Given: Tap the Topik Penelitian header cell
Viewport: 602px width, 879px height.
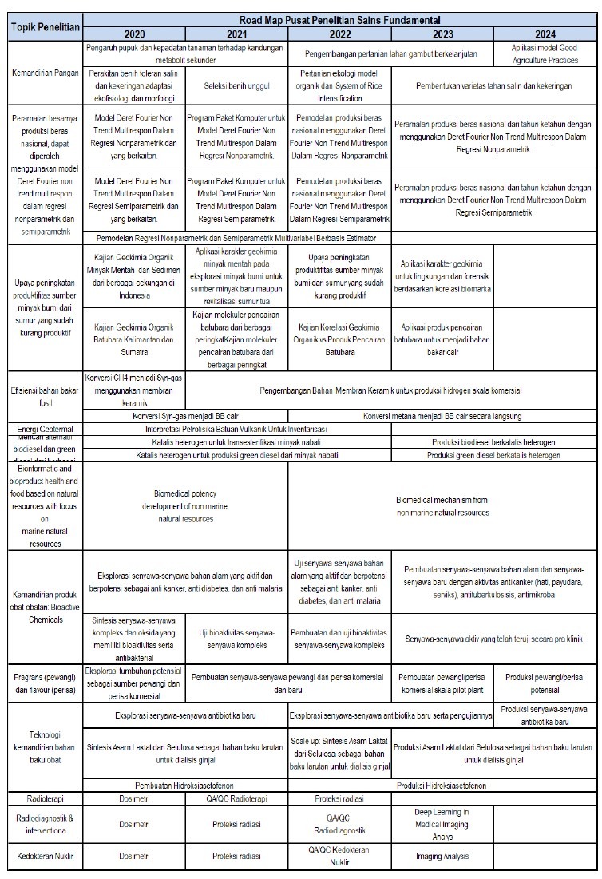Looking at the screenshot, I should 46,27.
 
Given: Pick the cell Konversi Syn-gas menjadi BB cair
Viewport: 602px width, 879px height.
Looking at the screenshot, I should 185,416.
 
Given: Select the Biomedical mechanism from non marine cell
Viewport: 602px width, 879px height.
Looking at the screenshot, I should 442,505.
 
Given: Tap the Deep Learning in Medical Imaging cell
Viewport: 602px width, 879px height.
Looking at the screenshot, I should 442,824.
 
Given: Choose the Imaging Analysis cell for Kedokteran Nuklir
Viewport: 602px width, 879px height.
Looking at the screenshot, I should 442,856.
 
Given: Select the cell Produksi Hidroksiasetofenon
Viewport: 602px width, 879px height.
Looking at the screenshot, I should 442,785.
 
